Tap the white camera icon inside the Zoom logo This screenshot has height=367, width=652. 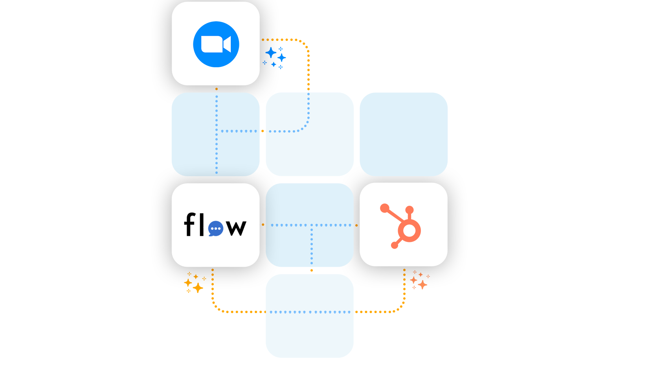point(216,44)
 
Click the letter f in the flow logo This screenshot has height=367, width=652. point(190,225)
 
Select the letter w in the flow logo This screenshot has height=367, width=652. point(236,227)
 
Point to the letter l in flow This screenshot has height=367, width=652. point(202,224)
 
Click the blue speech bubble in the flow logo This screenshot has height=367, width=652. point(216,229)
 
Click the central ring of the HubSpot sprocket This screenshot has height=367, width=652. point(409,230)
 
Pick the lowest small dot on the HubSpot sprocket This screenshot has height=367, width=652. point(394,246)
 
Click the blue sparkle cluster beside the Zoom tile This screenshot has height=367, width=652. point(275,57)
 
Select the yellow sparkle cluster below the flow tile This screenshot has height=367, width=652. point(195,283)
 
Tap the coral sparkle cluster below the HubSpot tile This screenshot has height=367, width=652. point(419,280)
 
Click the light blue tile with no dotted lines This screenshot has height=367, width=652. point(404,134)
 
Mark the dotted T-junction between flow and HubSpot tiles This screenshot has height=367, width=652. point(312,225)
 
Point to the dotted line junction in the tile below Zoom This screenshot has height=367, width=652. point(217,131)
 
